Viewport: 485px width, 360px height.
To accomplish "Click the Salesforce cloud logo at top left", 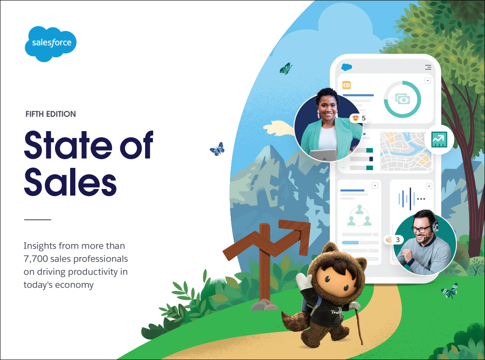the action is coord(51,44).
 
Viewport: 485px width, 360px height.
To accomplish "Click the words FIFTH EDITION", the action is coord(51,114).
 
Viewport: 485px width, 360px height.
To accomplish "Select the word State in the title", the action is coord(68,145).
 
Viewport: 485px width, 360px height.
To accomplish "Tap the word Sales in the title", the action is coord(71,182).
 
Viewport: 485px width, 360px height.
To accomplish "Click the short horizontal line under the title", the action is coord(37,220).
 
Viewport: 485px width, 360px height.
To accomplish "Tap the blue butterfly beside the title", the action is coord(217,149).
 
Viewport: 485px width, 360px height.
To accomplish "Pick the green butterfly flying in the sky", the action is coord(285,69).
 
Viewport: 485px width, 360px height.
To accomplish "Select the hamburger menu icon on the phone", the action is coord(428,67).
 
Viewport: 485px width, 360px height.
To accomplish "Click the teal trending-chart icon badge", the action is coord(440,140).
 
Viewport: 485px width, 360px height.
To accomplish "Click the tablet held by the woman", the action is coord(323,155).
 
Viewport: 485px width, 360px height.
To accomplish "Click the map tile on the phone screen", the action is coord(405,151).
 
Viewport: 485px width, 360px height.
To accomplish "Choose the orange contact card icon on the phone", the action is coord(346,85).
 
